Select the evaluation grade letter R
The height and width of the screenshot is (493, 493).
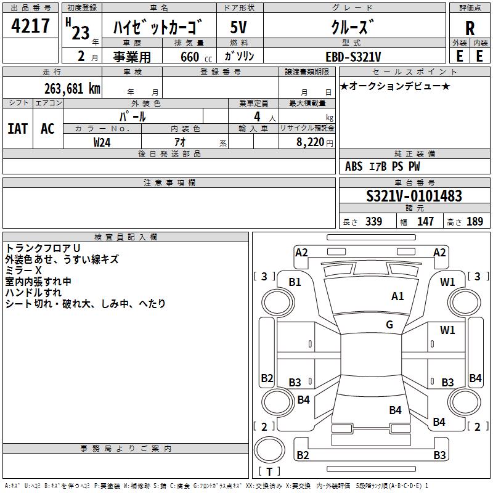click(x=470, y=28)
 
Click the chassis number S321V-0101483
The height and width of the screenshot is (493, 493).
click(x=414, y=197)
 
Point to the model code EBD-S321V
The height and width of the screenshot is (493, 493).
click(x=353, y=57)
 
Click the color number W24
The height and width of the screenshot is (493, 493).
click(x=102, y=142)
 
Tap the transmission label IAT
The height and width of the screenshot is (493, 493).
click(x=17, y=129)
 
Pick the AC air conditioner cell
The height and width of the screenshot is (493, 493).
click(x=47, y=129)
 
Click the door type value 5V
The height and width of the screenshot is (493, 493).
click(x=239, y=28)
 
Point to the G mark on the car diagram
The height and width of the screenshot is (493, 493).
click(x=389, y=325)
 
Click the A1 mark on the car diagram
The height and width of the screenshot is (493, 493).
click(x=397, y=296)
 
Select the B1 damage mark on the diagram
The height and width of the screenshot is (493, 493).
click(x=295, y=282)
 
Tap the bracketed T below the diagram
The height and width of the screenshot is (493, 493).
click(x=269, y=471)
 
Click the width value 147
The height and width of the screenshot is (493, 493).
click(x=425, y=222)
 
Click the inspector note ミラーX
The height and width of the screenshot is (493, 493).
click(x=24, y=271)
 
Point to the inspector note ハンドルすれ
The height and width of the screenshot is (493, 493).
click(x=33, y=293)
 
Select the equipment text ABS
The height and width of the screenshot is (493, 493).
click(x=354, y=166)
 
